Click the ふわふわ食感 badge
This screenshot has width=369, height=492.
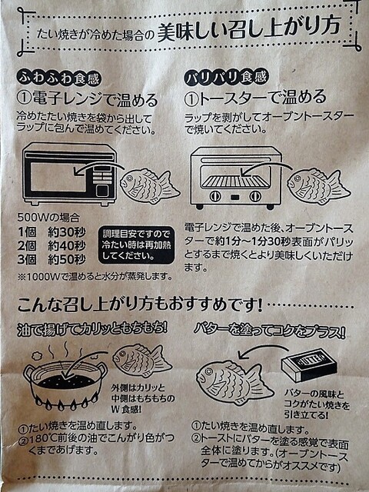(x=59, y=78)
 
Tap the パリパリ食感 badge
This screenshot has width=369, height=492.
(x=226, y=77)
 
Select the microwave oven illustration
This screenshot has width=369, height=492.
(x=69, y=175)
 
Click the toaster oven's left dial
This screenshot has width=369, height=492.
(x=215, y=197)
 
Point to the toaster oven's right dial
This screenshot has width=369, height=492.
(x=254, y=197)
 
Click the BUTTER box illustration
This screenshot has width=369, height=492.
(x=309, y=364)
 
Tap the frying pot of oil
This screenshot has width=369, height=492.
(x=65, y=384)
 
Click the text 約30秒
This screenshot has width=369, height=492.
(x=67, y=232)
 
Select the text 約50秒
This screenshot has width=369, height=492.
(x=67, y=259)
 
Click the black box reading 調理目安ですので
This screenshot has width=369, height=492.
(x=137, y=244)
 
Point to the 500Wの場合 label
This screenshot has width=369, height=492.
(x=48, y=218)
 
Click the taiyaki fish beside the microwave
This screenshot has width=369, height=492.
(x=150, y=186)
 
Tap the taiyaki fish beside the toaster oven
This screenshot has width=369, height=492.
(x=319, y=187)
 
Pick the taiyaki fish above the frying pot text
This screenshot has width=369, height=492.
(x=142, y=361)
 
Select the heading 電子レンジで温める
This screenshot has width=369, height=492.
(x=87, y=100)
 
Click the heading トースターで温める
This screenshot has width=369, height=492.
(x=255, y=98)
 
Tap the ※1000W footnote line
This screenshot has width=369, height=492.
(x=95, y=276)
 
